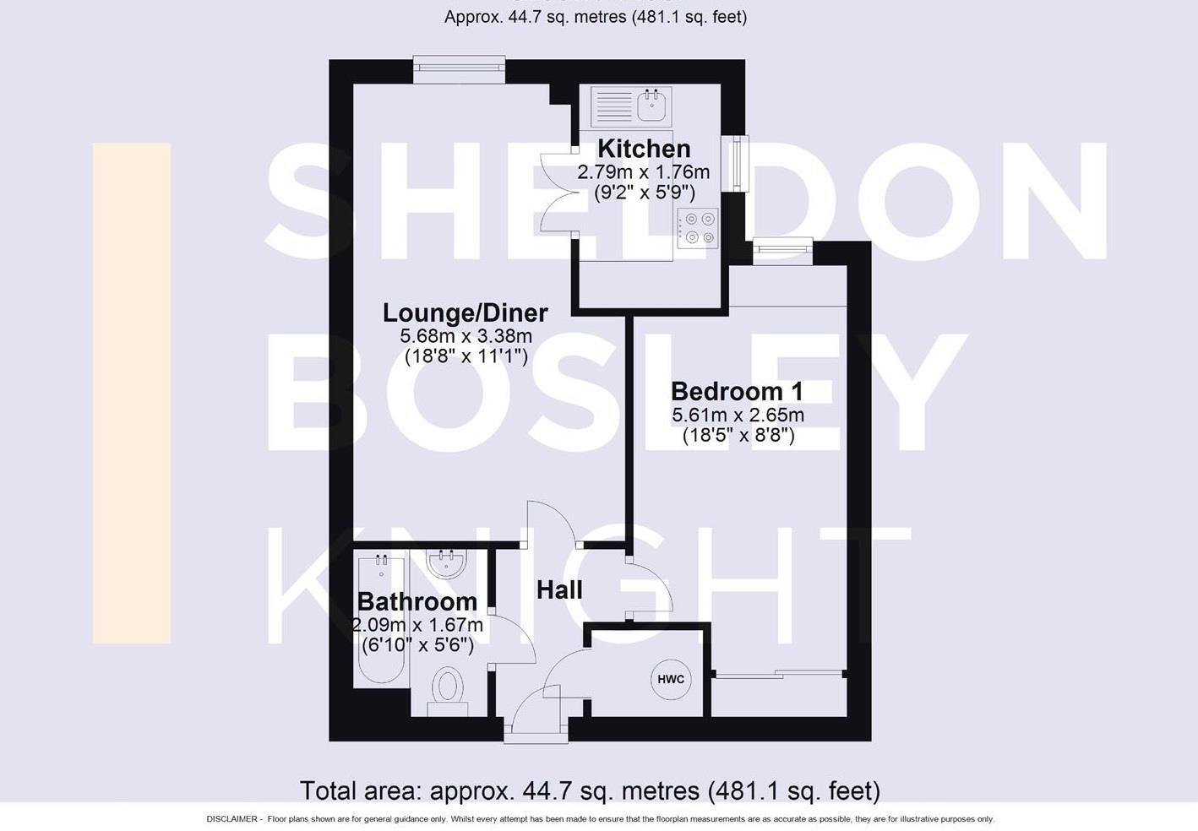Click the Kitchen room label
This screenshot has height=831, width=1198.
pos(644,149)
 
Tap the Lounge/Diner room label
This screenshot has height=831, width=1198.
pos(466,312)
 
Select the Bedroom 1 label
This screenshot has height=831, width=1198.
pos(737,391)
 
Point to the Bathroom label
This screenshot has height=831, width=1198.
pos(417,601)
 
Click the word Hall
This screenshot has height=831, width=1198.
pos(559,589)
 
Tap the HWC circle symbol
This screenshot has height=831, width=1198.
pos(671,679)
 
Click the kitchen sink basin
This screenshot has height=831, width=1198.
pos(652,106)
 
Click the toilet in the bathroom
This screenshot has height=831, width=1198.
pos(448,688)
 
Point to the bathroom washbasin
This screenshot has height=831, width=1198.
pos(445,563)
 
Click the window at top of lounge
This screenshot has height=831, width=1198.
pos(459,70)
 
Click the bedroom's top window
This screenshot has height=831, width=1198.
pos(783,248)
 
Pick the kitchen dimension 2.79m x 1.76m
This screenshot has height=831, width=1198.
pos(644,172)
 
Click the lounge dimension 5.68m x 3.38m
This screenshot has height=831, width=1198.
pos(466,336)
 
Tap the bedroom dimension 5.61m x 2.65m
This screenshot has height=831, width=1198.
pos(738,415)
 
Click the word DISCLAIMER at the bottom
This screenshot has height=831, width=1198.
pos(231,819)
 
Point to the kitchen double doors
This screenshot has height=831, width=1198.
pos(558,193)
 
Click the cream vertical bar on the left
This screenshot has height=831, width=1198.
pos(132,393)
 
